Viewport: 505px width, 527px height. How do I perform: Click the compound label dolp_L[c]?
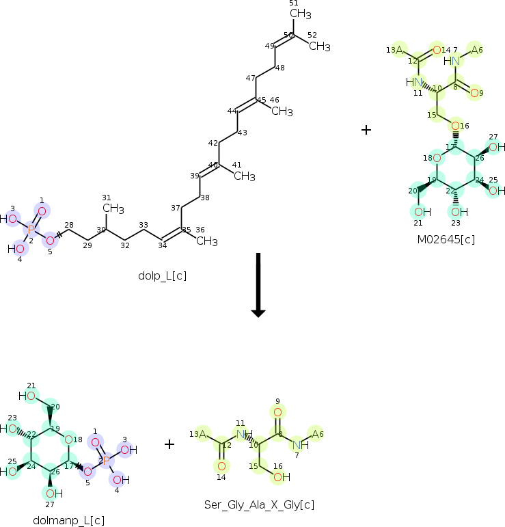[162, 276]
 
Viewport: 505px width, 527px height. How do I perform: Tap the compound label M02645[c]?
[446, 239]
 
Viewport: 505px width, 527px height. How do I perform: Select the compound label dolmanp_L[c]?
[68, 520]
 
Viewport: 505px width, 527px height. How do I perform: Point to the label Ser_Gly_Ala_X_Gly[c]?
[259, 504]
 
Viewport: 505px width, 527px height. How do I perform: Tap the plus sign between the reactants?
[366, 130]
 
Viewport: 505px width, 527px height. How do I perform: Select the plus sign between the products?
[169, 444]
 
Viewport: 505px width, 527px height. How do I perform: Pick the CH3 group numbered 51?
[300, 14]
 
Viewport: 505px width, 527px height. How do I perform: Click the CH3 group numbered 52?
[318, 46]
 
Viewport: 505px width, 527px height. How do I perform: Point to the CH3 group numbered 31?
[113, 208]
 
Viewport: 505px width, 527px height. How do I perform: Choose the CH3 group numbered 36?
[206, 241]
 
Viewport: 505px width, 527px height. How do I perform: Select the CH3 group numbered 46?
[282, 111]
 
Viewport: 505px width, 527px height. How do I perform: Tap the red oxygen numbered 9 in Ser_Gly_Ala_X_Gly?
[277, 412]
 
